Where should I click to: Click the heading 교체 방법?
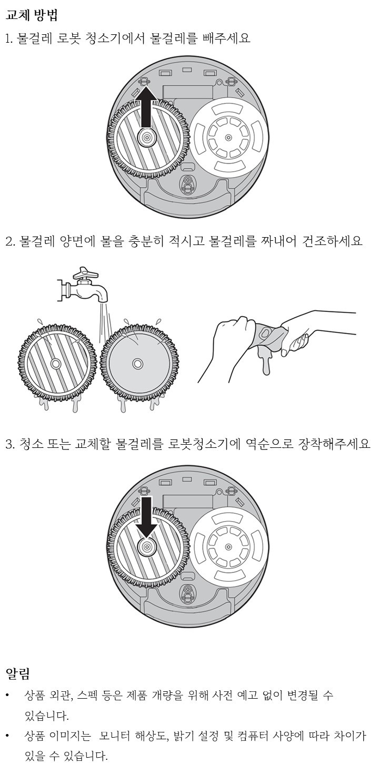point(32,15)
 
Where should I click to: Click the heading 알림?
point(18,673)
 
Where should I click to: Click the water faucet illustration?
point(83,286)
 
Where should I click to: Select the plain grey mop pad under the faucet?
point(138,364)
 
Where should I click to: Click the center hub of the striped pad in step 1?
point(147,138)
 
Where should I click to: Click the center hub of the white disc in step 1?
point(228,137)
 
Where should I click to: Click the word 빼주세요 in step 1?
point(227,38)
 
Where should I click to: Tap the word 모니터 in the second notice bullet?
point(114,727)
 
